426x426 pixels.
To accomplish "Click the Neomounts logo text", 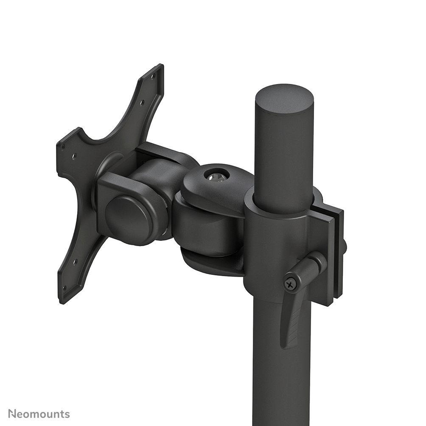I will coord(39,414).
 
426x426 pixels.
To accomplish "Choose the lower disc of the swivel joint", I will coord(212,261).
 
